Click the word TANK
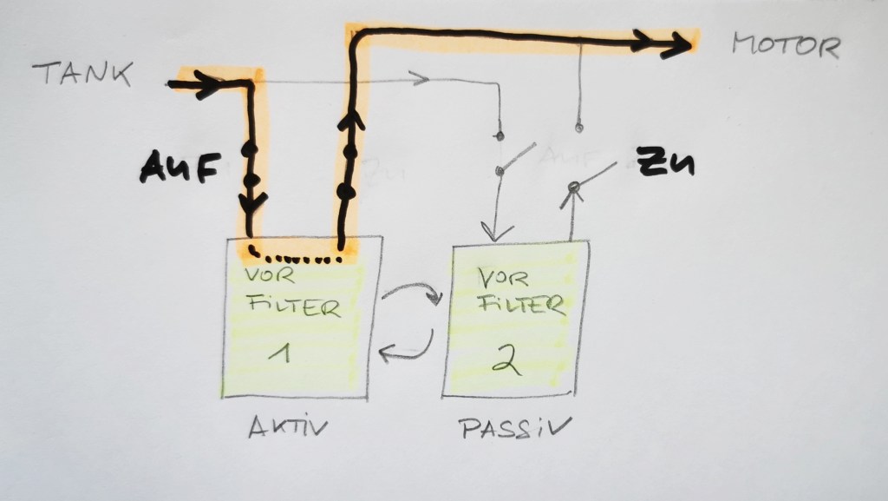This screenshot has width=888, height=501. coord(82,76)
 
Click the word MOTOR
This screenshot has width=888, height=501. coord(786,46)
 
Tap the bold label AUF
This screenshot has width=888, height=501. coord(176,168)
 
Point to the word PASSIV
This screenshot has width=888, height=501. coord(515,427)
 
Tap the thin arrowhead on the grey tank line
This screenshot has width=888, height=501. coord(422,81)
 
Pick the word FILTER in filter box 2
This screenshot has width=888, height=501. coord(526,305)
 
